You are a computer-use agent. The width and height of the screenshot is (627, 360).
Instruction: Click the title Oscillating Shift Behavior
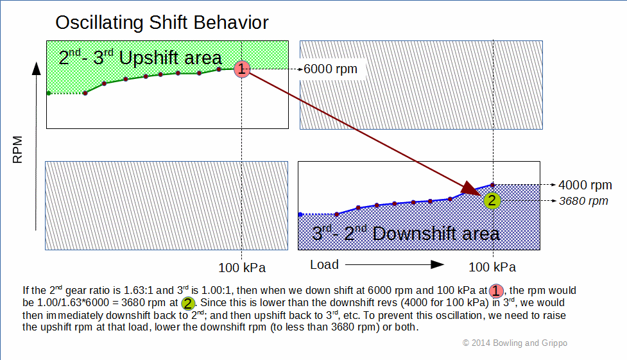click(x=162, y=23)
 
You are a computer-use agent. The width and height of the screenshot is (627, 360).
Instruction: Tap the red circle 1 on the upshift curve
click(x=242, y=69)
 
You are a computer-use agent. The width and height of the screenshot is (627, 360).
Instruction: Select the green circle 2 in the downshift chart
click(x=492, y=200)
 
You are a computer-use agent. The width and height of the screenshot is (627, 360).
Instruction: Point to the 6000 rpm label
click(x=331, y=69)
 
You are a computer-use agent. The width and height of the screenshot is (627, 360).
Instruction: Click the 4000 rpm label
click(x=585, y=185)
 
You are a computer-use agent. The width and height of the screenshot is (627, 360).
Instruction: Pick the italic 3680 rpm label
click(x=583, y=201)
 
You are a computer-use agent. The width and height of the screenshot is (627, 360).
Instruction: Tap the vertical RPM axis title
click(x=17, y=150)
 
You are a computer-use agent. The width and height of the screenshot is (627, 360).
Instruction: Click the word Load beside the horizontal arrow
click(x=324, y=264)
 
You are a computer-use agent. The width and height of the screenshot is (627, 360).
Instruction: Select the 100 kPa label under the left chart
click(x=242, y=268)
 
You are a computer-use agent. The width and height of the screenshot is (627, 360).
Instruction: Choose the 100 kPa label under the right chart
click(x=492, y=267)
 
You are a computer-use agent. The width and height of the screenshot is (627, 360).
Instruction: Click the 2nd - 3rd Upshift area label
click(x=140, y=58)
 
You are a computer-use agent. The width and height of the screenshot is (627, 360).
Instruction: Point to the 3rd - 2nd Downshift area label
click(x=406, y=233)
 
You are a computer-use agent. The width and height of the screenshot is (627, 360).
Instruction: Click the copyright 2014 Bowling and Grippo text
click(x=515, y=343)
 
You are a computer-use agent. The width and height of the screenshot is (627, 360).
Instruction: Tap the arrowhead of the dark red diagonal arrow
click(x=472, y=189)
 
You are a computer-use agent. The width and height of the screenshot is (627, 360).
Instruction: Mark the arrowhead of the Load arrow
click(x=437, y=264)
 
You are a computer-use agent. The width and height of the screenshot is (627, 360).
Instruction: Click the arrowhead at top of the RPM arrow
click(x=37, y=69)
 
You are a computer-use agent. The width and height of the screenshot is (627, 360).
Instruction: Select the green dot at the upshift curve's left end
click(x=49, y=93)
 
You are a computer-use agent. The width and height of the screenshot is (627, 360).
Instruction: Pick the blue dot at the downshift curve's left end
click(x=300, y=214)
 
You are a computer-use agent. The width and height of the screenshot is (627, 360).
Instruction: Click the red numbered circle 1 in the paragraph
click(x=496, y=291)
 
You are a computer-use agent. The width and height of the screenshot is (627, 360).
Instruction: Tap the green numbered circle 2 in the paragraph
click(x=187, y=303)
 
